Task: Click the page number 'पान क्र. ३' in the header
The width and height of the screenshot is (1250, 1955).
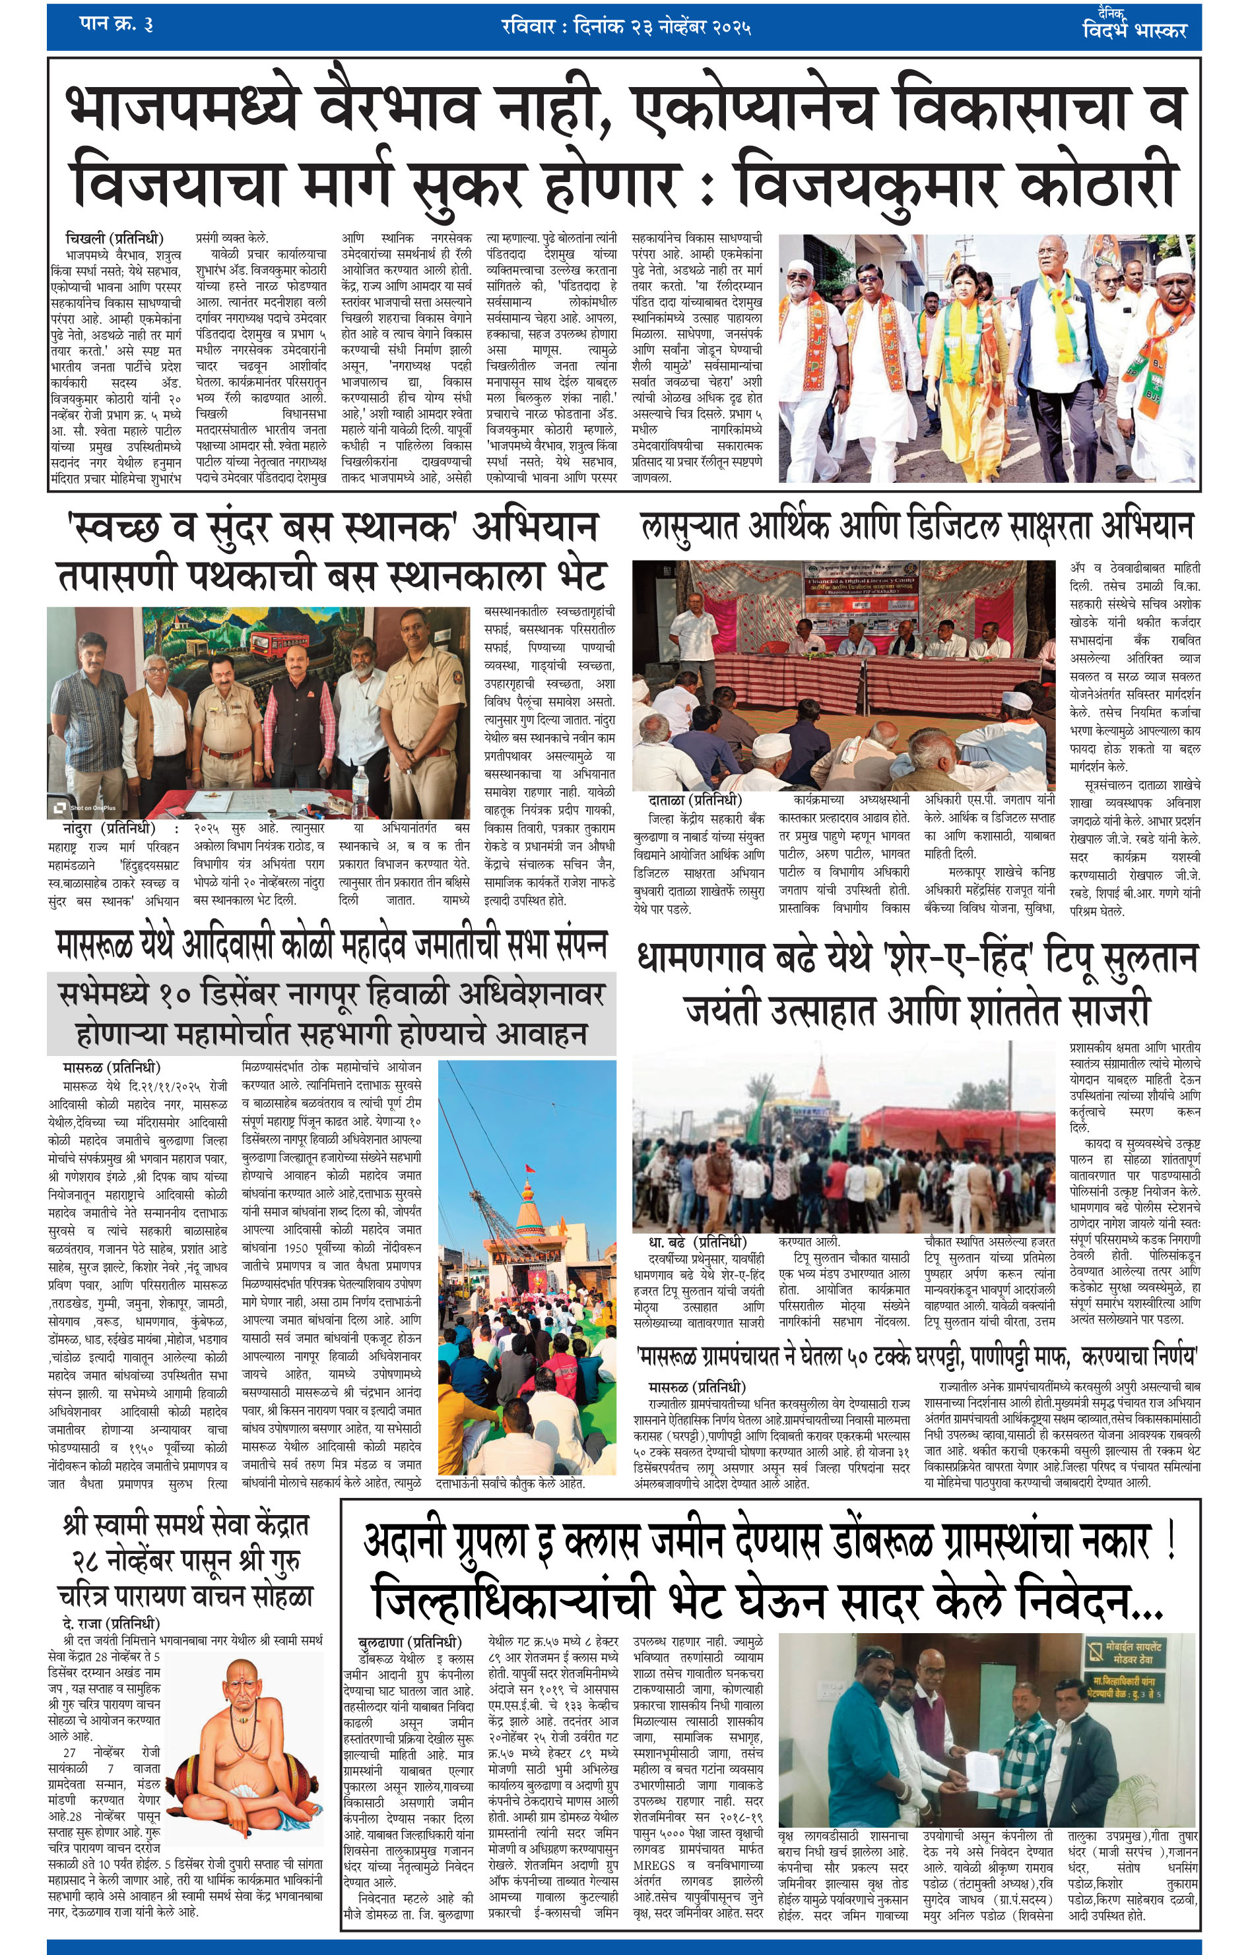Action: [x=116, y=24]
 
